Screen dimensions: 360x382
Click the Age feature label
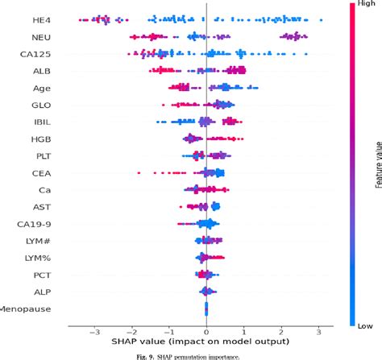click(x=44, y=88)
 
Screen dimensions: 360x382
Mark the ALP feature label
click(x=44, y=292)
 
